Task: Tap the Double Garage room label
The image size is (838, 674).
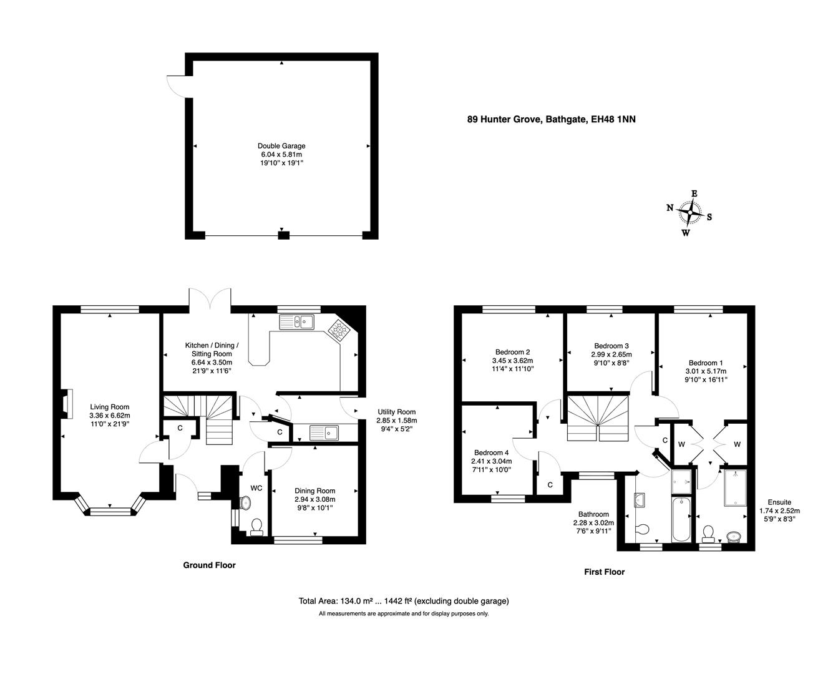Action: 281,146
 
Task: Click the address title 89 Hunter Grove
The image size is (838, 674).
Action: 551,119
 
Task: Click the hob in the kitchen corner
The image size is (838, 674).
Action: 339,329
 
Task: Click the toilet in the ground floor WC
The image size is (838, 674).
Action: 256,527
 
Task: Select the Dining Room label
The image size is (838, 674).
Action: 314,491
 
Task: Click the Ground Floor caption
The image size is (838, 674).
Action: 209,565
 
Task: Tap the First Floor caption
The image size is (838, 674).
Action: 603,572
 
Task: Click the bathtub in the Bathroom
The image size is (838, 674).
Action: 681,518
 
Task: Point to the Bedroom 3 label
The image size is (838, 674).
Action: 611,346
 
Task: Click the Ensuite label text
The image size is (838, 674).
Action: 779,502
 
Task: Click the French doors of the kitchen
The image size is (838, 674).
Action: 212,301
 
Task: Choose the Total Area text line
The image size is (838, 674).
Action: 404,602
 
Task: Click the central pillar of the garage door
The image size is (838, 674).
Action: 283,235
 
